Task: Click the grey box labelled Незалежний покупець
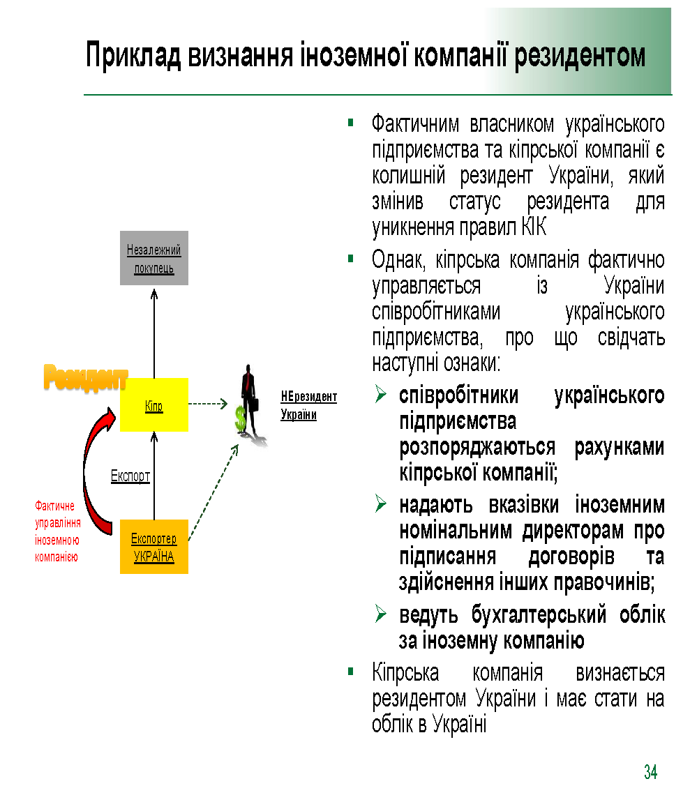153,258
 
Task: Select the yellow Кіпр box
153,404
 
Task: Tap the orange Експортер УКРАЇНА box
153,547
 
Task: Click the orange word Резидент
86,377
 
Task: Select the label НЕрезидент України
308,405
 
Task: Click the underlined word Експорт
130,477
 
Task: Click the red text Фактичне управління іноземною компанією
58,531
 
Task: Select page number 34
650,772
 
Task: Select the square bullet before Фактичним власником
352,123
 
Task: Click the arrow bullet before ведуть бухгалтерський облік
381,614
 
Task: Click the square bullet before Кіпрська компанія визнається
352,672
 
